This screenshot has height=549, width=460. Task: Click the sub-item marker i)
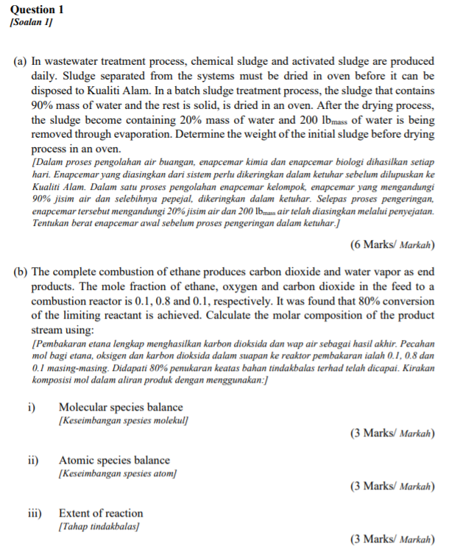(x=33, y=407)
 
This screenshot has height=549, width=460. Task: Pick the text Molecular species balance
(x=121, y=407)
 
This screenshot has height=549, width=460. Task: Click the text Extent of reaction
(x=101, y=513)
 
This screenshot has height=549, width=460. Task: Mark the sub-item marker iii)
(x=35, y=513)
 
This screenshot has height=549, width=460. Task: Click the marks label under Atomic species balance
(x=392, y=486)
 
